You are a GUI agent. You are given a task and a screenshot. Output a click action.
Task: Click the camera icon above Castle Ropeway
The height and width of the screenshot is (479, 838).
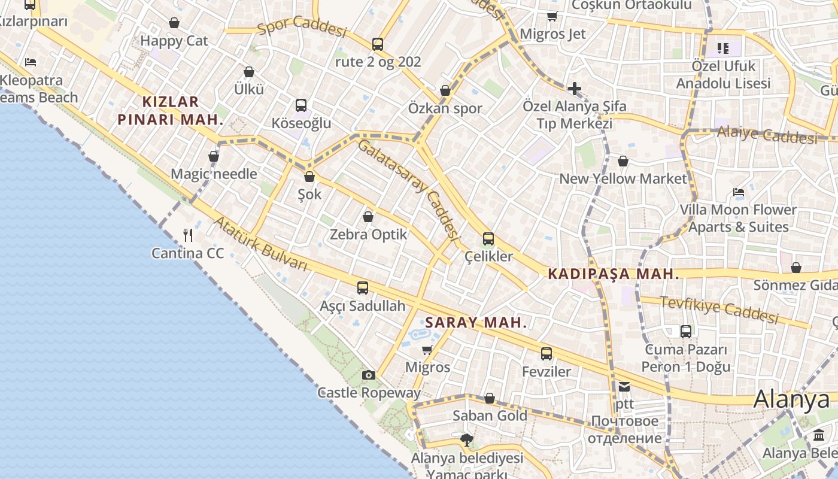369,375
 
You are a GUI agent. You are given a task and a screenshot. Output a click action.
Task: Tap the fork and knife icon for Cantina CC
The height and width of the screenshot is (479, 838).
188,235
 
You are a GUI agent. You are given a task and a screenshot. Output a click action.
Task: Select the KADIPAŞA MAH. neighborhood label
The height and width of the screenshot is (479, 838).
614,274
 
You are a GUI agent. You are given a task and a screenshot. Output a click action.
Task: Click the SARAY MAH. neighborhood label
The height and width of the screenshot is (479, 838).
476,323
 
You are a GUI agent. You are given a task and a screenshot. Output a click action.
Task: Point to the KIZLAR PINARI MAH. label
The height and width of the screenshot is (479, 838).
170,110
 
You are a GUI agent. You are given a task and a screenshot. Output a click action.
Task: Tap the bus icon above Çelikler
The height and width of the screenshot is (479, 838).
488,239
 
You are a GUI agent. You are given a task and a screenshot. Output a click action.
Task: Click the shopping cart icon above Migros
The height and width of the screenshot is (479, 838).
427,350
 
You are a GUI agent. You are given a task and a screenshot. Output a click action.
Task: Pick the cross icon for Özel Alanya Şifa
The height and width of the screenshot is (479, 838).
575,89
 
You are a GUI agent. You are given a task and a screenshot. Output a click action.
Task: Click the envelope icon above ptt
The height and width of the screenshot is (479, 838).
624,387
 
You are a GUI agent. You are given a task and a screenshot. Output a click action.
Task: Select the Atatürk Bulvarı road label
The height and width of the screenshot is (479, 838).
261,243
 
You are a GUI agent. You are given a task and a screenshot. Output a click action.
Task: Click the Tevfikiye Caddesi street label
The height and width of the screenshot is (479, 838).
718,309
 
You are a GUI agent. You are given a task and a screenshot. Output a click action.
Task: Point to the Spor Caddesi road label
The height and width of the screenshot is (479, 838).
302,28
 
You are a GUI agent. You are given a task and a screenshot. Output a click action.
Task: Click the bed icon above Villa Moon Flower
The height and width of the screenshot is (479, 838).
739,192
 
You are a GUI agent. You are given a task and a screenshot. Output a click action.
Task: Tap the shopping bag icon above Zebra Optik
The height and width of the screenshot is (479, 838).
368,217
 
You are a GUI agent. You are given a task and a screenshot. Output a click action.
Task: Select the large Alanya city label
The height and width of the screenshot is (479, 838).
791,400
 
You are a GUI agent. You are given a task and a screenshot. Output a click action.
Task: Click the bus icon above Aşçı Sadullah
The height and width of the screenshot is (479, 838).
363,288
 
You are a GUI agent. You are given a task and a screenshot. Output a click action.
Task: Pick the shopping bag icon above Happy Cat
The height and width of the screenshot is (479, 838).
174,23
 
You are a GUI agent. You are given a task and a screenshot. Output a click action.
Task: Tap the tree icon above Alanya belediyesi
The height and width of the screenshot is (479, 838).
466,441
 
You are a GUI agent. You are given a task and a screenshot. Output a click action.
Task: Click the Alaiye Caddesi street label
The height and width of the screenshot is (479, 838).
767,135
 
